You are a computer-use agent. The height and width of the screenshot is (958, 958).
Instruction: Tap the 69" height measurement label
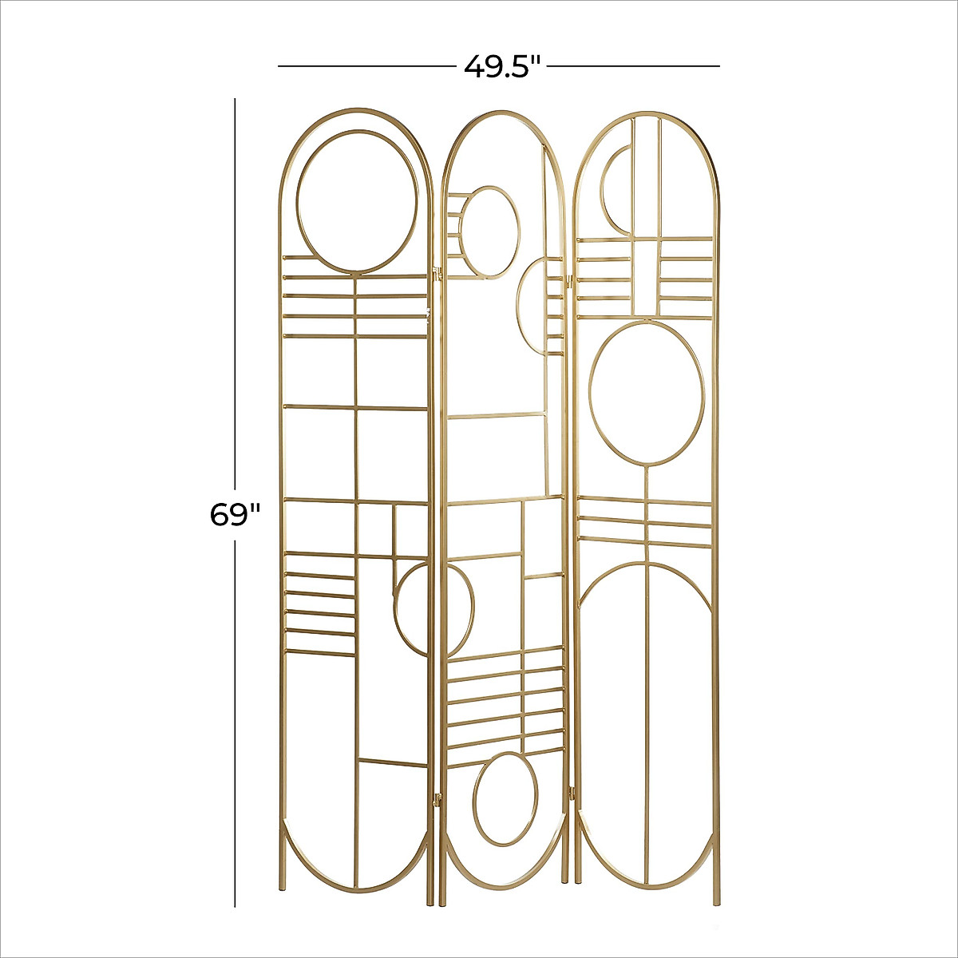(x=235, y=515)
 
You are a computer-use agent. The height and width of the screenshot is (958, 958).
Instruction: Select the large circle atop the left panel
(x=357, y=203)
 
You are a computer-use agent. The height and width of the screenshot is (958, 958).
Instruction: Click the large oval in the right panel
(x=647, y=393)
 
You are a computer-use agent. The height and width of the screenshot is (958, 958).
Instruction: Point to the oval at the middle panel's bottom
(x=505, y=798)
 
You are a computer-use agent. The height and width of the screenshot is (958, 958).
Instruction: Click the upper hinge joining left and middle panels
(x=436, y=273)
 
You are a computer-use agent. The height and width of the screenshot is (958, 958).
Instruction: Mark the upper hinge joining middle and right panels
(x=570, y=280)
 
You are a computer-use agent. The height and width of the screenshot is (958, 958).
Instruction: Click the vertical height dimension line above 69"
(x=235, y=295)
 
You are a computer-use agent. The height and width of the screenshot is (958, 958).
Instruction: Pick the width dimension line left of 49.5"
(x=364, y=65)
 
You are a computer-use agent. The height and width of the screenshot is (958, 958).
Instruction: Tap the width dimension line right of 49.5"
(x=635, y=65)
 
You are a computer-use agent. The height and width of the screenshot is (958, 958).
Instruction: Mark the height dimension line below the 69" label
(x=235, y=718)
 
